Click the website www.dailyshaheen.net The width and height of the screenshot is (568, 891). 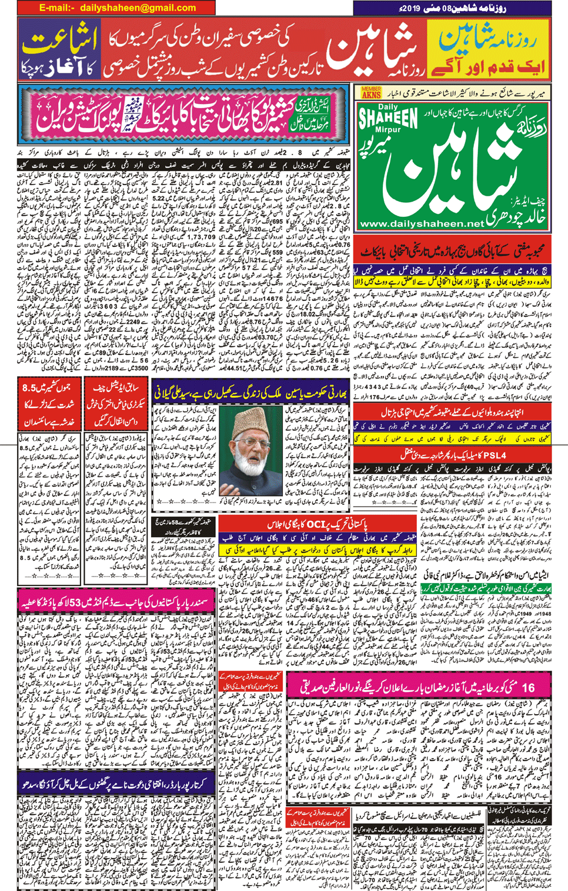pyautogui.click(x=421, y=224)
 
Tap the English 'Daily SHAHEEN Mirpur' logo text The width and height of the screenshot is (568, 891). pyautogui.click(x=388, y=120)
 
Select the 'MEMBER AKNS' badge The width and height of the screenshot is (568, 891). pyautogui.click(x=370, y=92)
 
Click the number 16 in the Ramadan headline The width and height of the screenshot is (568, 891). pyautogui.click(x=527, y=687)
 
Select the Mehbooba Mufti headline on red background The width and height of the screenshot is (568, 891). pyautogui.click(x=453, y=252)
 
